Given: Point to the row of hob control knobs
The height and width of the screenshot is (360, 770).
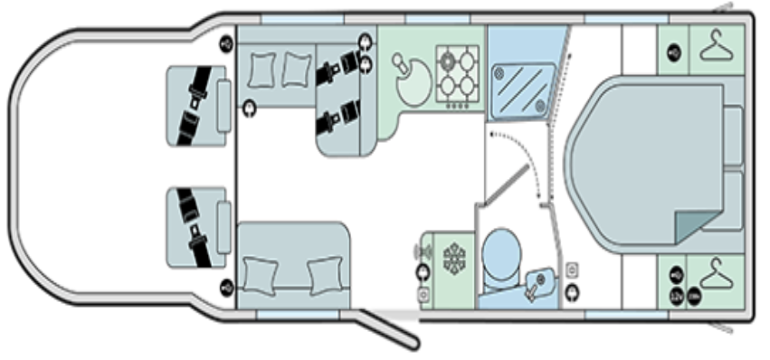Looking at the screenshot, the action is coord(457,105).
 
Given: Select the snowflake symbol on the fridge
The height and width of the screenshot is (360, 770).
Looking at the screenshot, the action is coord(452,257).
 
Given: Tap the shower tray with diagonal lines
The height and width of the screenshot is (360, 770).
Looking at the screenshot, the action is coord(521,88).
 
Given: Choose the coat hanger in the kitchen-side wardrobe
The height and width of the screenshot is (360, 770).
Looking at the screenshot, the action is coord(715,47).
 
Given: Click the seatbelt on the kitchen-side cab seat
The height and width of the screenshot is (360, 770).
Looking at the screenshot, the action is coord(194,107).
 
